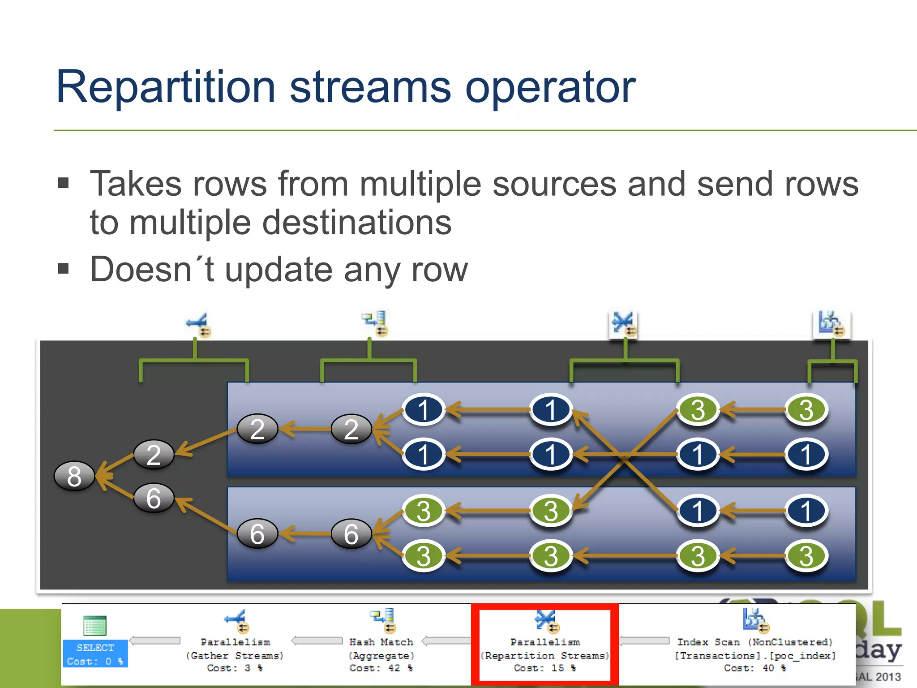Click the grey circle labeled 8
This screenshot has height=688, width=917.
pyautogui.click(x=74, y=476)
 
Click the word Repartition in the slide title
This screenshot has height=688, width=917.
pyautogui.click(x=165, y=87)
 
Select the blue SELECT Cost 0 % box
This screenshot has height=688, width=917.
pyautogui.click(x=95, y=654)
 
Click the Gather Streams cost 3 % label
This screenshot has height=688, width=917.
pyautogui.click(x=235, y=655)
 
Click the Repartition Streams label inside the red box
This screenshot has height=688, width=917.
pyautogui.click(x=545, y=655)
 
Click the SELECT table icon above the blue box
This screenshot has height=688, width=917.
pyautogui.click(x=95, y=626)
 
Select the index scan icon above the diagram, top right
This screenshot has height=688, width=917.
pyautogui.click(x=831, y=324)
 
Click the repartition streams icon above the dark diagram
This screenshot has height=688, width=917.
pyautogui.click(x=624, y=324)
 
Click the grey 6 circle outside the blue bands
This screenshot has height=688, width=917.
pyautogui.click(x=154, y=498)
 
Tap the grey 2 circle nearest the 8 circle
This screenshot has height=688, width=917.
pyautogui.click(x=154, y=455)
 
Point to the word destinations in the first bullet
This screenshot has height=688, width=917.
pyautogui.click(x=357, y=223)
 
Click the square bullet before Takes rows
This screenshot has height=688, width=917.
pyautogui.click(x=63, y=183)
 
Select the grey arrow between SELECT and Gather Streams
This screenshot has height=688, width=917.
pyautogui.click(x=155, y=641)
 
